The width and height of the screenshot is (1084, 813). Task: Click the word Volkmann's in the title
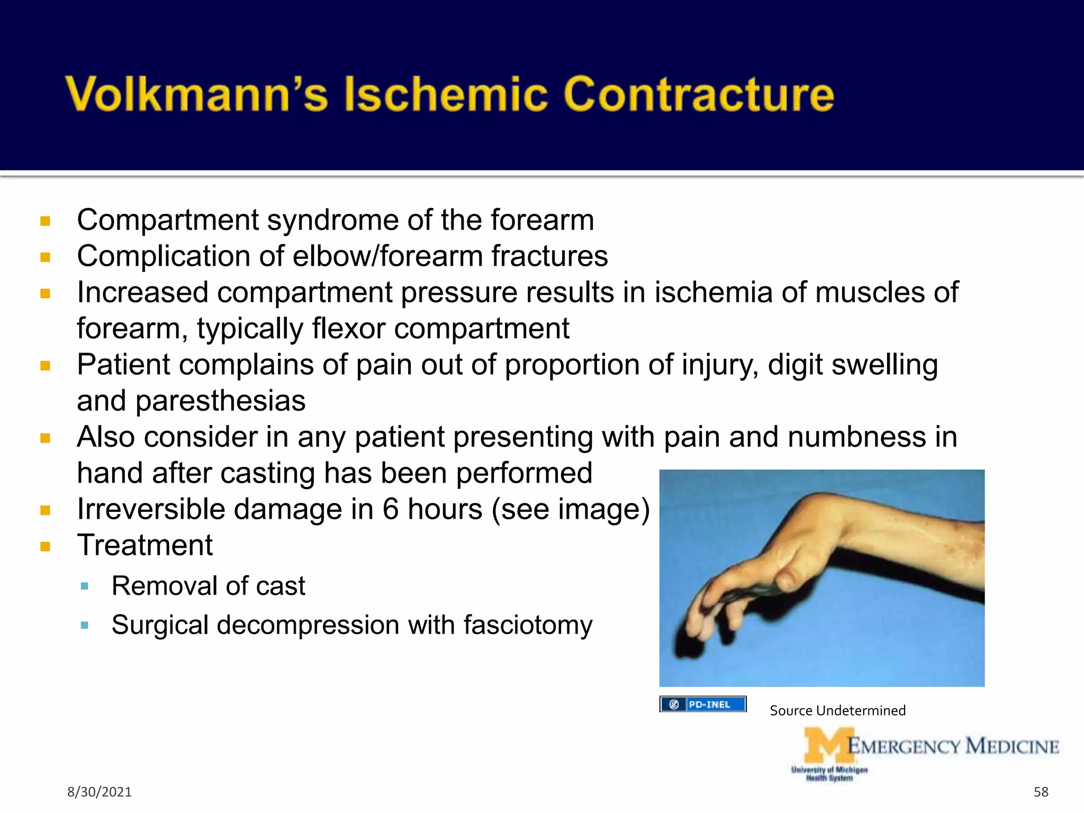pyautogui.click(x=196, y=94)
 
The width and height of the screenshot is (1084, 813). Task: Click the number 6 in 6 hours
pyautogui.click(x=391, y=509)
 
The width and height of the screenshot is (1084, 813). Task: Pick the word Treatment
pyautogui.click(x=144, y=545)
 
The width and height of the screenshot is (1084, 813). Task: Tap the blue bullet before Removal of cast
pyautogui.click(x=84, y=586)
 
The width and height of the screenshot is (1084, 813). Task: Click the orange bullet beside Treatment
pyautogui.click(x=45, y=546)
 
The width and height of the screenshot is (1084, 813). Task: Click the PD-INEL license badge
pyautogui.click(x=702, y=704)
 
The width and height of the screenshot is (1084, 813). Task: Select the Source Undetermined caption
pyautogui.click(x=837, y=710)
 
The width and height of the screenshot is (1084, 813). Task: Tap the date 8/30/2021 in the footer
pyautogui.click(x=99, y=792)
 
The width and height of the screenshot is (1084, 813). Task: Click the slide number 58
pyautogui.click(x=1041, y=792)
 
